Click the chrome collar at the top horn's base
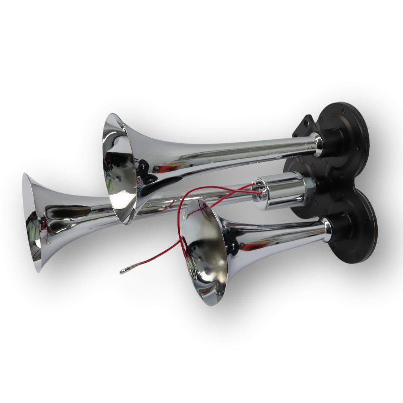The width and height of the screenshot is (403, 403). pyautogui.click(x=318, y=145)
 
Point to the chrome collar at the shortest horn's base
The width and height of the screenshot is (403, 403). pyautogui.click(x=327, y=230)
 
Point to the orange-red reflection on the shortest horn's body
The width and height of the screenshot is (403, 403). pyautogui.click(x=254, y=246)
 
